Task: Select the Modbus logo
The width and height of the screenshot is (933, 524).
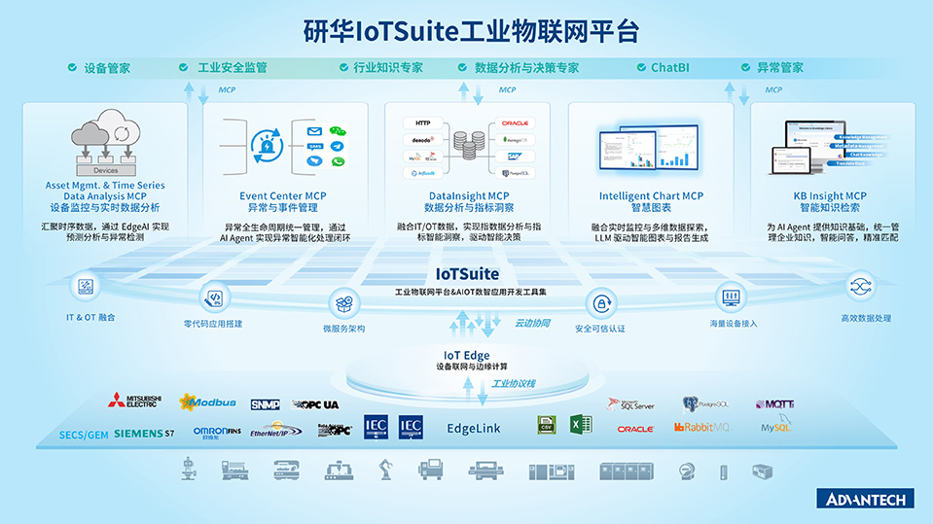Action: coord(207,402)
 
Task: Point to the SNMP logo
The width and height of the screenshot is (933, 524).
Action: coord(265,403)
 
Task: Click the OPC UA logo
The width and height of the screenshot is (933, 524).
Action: coord(313,403)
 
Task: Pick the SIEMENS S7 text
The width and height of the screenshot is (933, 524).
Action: coord(144,432)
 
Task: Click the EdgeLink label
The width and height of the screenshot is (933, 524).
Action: coord(474,428)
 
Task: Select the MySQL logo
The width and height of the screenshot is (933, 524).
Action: coord(775,427)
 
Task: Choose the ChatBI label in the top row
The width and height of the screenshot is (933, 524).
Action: coord(669,68)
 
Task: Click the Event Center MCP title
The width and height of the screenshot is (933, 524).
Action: coord(283,196)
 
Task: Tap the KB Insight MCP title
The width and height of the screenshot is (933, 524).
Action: coord(829,196)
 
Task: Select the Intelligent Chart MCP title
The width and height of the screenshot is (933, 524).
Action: coord(651,196)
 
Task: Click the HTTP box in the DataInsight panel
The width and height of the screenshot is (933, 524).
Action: coord(422,123)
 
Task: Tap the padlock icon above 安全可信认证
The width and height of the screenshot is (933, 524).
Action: coord(600,302)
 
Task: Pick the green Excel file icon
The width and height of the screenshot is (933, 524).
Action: coord(581,425)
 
